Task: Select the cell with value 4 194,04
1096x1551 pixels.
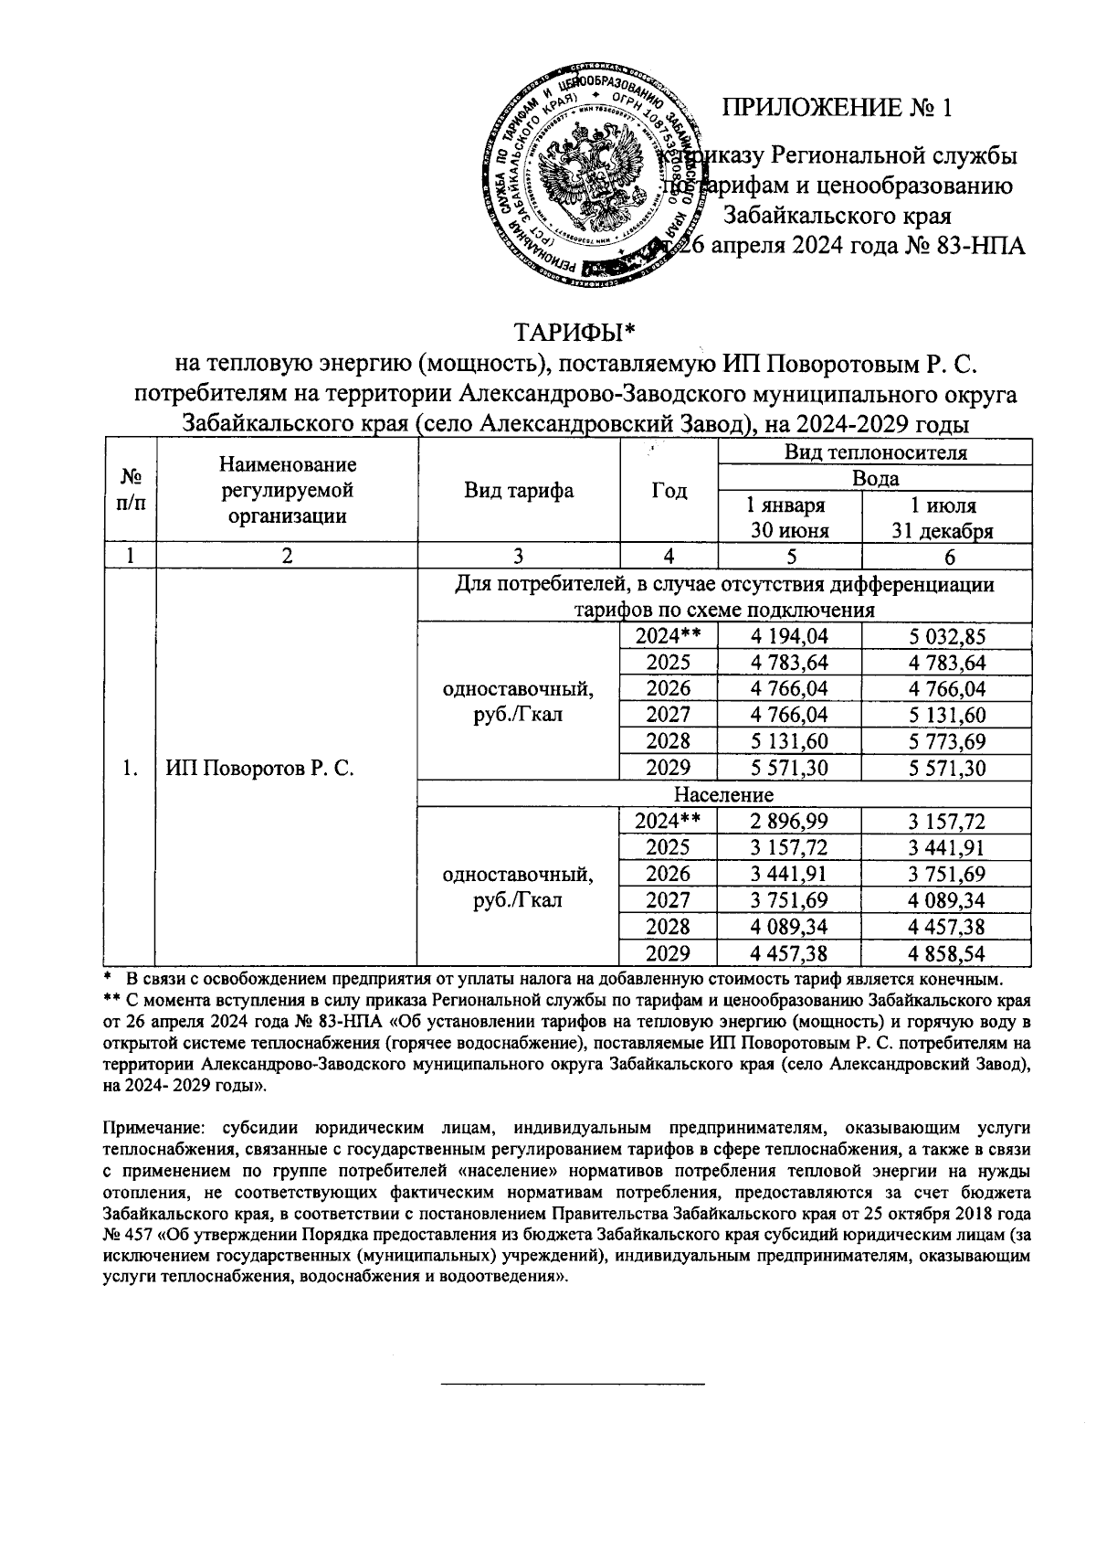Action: click(789, 637)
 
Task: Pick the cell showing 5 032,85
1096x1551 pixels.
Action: click(946, 637)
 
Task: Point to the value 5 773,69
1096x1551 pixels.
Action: click(946, 741)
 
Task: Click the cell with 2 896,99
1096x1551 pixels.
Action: click(789, 823)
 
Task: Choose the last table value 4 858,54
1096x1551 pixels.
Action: click(946, 954)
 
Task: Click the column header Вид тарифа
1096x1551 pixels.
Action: click(518, 491)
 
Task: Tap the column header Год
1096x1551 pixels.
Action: click(669, 491)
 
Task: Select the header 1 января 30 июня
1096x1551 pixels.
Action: click(789, 518)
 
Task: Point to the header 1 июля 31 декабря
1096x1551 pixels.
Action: click(946, 518)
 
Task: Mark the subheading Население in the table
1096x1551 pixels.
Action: click(723, 794)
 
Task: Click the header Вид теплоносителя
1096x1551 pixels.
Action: click(875, 452)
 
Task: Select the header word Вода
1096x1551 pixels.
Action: click(875, 478)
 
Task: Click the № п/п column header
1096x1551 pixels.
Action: click(132, 491)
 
